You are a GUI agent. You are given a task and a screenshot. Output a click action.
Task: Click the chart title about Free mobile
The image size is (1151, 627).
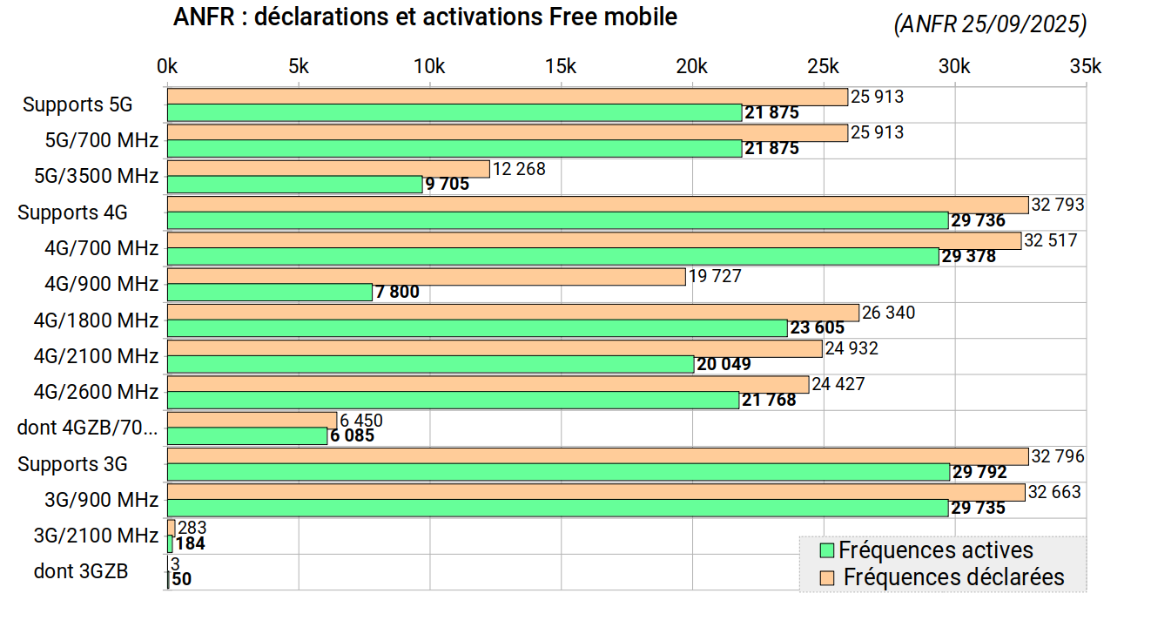coord(425,17)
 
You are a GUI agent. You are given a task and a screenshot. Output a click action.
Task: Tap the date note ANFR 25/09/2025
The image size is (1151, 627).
coord(990,25)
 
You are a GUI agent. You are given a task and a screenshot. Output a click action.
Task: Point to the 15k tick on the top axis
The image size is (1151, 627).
coord(561,67)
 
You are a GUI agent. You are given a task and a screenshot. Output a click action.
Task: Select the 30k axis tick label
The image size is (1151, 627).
coord(955,67)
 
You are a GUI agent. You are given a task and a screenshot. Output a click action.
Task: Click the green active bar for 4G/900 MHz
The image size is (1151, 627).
coord(270,293)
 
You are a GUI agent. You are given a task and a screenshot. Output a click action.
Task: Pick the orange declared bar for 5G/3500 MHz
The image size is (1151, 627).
coord(328,169)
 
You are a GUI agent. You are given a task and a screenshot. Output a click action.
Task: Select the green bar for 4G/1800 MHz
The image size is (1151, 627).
coord(477,328)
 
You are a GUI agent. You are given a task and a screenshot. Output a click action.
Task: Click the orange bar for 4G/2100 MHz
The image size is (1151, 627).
coord(495,348)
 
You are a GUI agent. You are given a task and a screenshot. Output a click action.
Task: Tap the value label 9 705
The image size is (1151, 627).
coord(447,185)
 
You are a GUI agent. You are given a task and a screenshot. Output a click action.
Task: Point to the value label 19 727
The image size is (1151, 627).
coord(715,277)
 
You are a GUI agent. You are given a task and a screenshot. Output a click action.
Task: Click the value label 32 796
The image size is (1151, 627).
coord(1058,456)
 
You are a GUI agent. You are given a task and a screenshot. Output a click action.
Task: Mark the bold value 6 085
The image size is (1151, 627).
coord(352,435)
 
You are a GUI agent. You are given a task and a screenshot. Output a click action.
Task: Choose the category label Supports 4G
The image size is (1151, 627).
coord(72,212)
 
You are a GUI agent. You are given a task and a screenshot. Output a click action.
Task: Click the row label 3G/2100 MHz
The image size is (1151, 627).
coord(96,535)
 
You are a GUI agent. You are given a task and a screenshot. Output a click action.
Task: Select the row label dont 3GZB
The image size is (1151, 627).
coord(81,571)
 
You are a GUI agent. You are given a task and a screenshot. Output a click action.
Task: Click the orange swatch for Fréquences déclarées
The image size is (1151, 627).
coord(828,577)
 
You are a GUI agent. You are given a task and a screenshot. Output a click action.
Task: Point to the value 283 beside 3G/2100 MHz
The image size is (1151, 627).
coord(192,528)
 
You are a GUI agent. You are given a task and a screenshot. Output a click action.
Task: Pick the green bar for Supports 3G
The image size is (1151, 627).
coord(558,472)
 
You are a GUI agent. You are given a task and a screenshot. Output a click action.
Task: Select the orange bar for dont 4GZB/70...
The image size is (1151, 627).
coord(252,420)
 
